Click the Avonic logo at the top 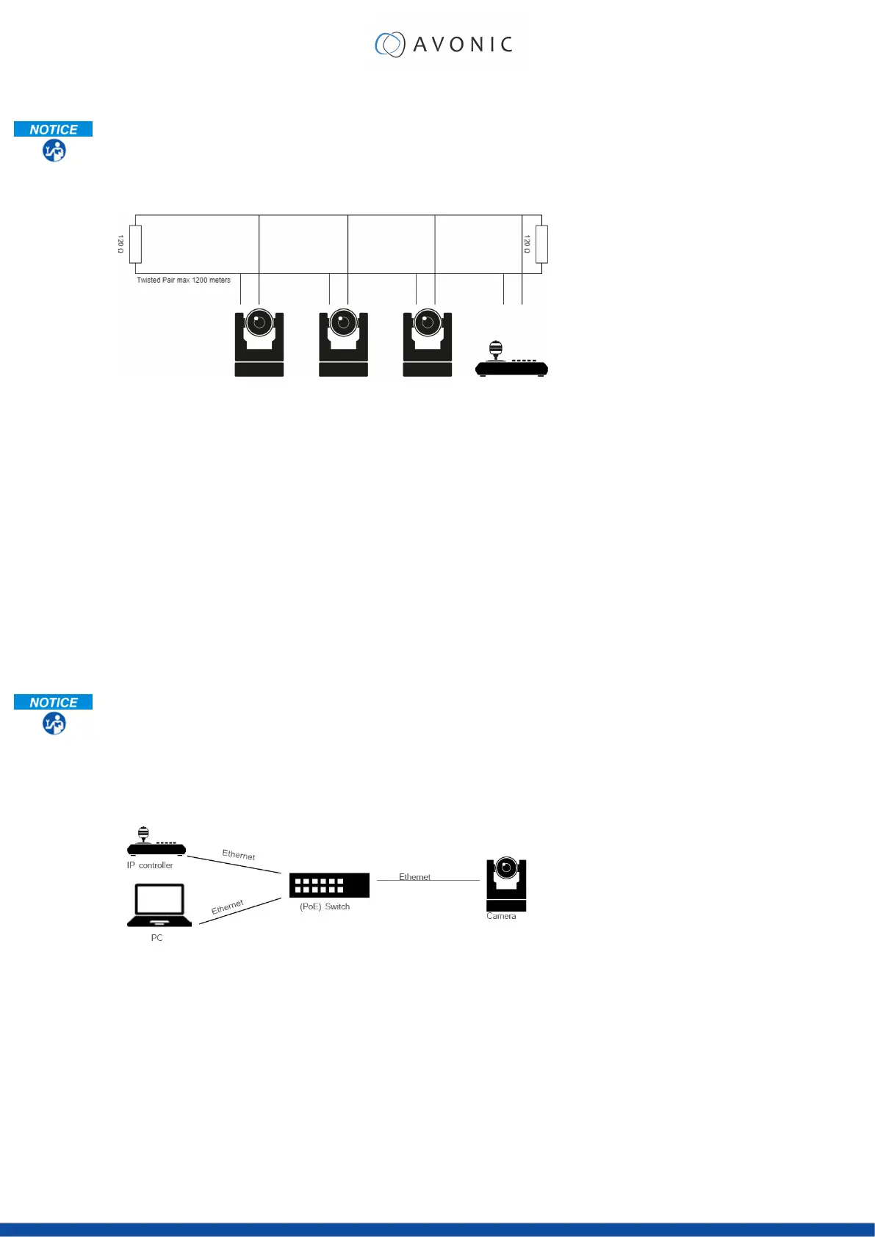click(x=444, y=44)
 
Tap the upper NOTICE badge click(x=54, y=130)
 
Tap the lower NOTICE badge click(x=54, y=702)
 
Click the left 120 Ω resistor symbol click(x=135, y=245)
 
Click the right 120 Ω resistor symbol click(x=541, y=245)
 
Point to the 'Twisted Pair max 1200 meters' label click(x=184, y=280)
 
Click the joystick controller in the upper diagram click(x=511, y=361)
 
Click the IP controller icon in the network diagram click(x=156, y=842)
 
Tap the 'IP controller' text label click(x=150, y=865)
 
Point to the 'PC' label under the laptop click(x=156, y=938)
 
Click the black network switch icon click(x=329, y=885)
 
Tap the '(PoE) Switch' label click(x=325, y=906)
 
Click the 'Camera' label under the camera click(x=501, y=916)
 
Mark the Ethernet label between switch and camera click(x=414, y=876)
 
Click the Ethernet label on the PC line click(x=228, y=907)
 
